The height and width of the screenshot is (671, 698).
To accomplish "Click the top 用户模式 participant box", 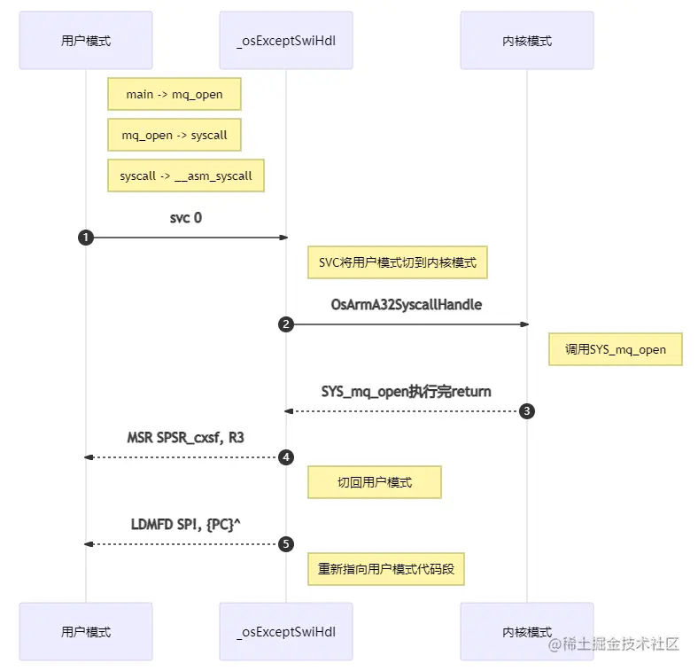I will pyautogui.click(x=86, y=40).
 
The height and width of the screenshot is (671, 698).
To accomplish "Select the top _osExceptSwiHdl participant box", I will pyautogui.click(x=285, y=40).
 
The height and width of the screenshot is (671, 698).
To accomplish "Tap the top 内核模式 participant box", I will pyautogui.click(x=526, y=40).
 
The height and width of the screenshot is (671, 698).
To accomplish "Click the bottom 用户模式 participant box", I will pyautogui.click(x=86, y=631).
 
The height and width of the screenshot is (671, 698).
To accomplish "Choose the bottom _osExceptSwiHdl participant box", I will pyautogui.click(x=285, y=631).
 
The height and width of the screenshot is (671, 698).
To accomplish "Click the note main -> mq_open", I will pyautogui.click(x=174, y=94).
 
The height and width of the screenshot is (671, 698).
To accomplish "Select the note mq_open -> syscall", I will pyautogui.click(x=174, y=135).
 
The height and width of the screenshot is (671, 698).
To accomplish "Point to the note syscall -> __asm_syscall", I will pyautogui.click(x=186, y=176).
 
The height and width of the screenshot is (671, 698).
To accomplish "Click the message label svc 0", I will pyautogui.click(x=185, y=217).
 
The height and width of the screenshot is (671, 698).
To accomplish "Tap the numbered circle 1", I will pyautogui.click(x=86, y=238).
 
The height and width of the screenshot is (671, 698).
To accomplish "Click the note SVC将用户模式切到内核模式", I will pyautogui.click(x=397, y=262).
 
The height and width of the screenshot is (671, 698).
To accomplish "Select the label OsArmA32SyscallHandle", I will pyautogui.click(x=406, y=304).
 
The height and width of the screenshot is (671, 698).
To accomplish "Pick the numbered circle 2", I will pyautogui.click(x=285, y=324).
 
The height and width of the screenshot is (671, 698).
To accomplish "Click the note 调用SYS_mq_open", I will pyautogui.click(x=616, y=349).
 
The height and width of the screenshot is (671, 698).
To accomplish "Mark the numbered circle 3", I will pyautogui.click(x=526, y=411).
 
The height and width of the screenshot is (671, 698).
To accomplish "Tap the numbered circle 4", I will pyautogui.click(x=285, y=456).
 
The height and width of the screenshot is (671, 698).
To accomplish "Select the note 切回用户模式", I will pyautogui.click(x=375, y=482).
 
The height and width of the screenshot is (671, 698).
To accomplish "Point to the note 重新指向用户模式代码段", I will pyautogui.click(x=385, y=568).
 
